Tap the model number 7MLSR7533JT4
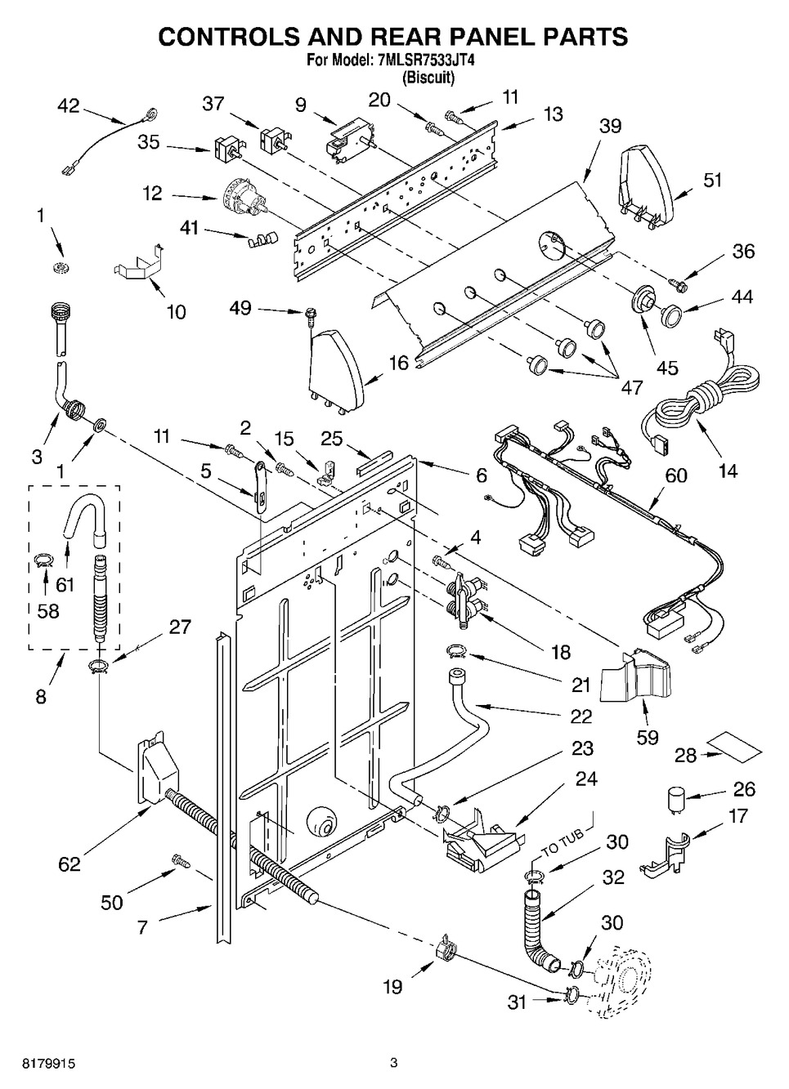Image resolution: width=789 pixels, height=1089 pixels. tap(423, 60)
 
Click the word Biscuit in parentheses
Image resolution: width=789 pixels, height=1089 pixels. tap(428, 78)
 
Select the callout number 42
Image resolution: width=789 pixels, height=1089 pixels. tap(69, 106)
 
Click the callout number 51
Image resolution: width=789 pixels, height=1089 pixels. tap(713, 181)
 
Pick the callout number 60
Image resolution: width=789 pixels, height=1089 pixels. tap(675, 475)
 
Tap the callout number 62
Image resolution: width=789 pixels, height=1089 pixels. tap(69, 864)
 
